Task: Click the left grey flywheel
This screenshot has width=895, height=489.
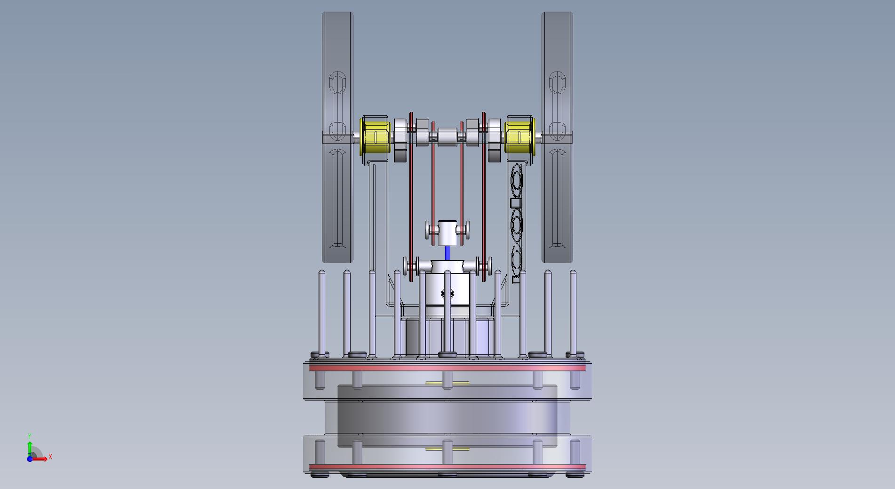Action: [x=337, y=137]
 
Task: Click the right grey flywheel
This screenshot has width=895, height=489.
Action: [x=557, y=137]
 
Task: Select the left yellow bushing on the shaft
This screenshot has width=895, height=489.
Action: [x=375, y=137]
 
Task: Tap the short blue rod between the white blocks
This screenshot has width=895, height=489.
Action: [x=447, y=253]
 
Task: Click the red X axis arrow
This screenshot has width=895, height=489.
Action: [x=39, y=459]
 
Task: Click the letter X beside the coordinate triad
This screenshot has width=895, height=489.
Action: [x=50, y=457]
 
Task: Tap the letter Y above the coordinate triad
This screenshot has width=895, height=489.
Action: [x=30, y=436]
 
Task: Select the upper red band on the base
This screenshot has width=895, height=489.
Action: [x=447, y=368]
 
